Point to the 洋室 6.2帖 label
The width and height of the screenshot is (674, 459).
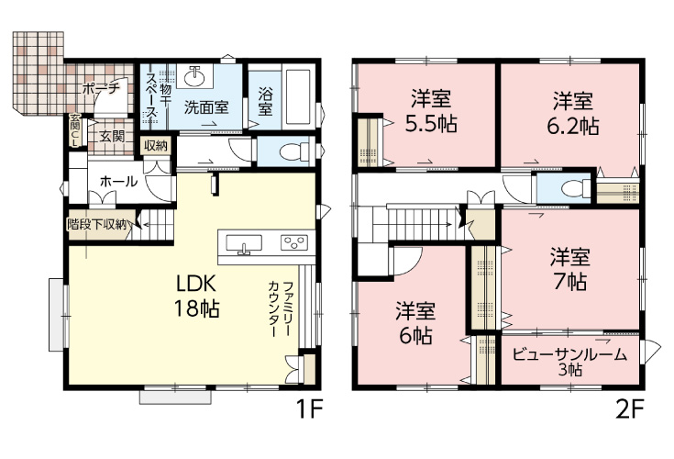click(x=573, y=111)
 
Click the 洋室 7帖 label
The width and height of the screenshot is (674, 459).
click(x=570, y=269)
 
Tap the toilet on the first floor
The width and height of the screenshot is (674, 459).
click(x=288, y=150)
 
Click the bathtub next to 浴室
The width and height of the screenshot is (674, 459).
click(x=298, y=96)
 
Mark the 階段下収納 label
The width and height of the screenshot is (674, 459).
click(x=102, y=222)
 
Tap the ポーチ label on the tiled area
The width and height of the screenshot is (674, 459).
click(x=98, y=89)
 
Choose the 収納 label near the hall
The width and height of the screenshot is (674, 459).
click(x=154, y=146)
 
